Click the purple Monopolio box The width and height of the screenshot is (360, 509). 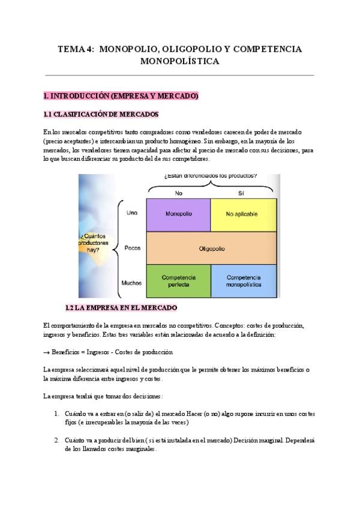point(178,214)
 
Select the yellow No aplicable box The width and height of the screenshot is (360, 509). point(243,214)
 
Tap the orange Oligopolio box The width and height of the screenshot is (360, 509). point(211,247)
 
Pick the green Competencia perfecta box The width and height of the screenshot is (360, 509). point(178,281)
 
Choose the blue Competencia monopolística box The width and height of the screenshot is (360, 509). point(244,281)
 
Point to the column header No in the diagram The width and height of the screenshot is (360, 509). point(178,193)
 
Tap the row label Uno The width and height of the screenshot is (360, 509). point(132,213)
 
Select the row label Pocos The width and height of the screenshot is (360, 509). point(133,247)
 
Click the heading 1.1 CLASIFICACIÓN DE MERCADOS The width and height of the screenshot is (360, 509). point(101,115)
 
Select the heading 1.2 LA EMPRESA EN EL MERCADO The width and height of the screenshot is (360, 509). point(121,308)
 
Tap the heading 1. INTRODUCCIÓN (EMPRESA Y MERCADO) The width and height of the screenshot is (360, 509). point(121,96)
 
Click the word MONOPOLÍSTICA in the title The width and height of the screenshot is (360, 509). point(179,61)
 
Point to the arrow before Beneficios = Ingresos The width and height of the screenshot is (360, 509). point(47,352)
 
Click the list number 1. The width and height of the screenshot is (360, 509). point(56,414)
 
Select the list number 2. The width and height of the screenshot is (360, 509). point(56,440)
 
